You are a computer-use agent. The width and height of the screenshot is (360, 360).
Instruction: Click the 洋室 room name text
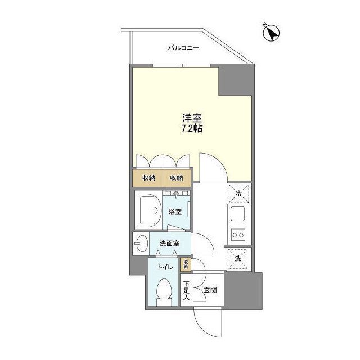(192, 118)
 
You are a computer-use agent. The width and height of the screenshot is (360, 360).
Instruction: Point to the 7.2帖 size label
(192, 128)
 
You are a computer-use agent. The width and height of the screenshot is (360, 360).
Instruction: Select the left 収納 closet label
(148, 178)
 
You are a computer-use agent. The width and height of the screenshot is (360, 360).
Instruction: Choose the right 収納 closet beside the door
(176, 178)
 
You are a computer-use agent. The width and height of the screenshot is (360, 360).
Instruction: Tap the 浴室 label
(175, 212)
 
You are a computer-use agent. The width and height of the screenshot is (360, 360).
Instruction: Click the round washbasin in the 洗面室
(141, 244)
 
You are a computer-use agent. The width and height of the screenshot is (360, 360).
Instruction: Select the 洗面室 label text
(169, 244)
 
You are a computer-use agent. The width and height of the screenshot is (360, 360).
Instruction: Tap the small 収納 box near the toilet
(185, 264)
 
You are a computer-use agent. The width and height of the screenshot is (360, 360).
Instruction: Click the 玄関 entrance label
(210, 291)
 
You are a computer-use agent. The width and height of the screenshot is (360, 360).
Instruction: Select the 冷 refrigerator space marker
(238, 194)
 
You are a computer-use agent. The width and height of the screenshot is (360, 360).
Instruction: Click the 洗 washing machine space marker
(238, 258)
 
